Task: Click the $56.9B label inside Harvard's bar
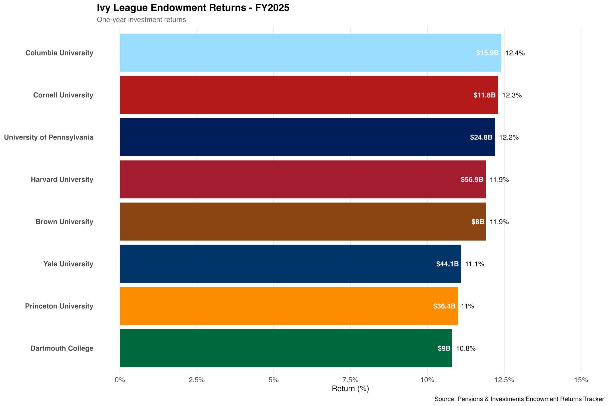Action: point(472,179)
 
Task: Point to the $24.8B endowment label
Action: point(481,137)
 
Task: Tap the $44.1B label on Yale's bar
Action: point(447,264)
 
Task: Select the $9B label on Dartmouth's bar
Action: point(444,348)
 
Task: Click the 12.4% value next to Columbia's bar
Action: point(515,53)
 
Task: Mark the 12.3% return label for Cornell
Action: point(512,95)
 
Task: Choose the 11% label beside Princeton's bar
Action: point(468,306)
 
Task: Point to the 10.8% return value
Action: point(466,348)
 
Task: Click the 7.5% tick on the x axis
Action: point(351,380)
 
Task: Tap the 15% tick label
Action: point(581,380)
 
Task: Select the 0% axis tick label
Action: point(120,380)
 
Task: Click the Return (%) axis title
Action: point(350,389)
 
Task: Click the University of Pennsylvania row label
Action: point(49,137)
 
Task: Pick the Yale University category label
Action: point(68,264)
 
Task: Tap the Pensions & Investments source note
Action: point(519,399)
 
